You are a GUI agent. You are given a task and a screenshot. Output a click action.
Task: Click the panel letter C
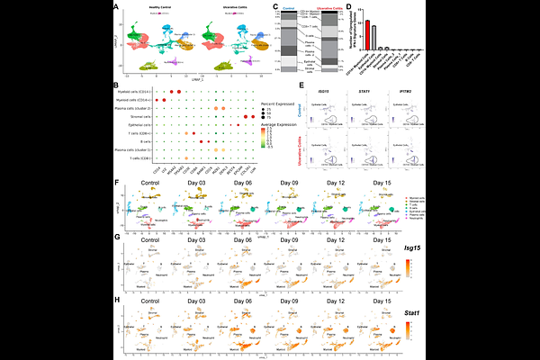(274, 6)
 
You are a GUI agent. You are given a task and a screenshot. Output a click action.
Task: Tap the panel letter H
(119, 301)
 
